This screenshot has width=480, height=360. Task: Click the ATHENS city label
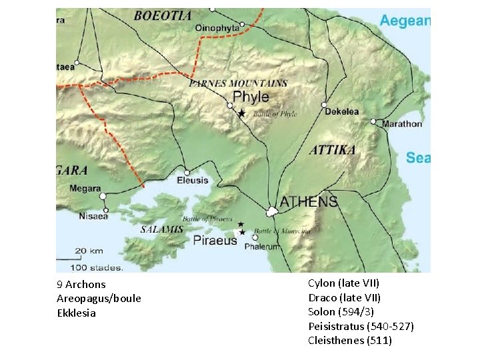coord(308,201)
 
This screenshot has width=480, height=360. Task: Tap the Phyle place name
coord(251,97)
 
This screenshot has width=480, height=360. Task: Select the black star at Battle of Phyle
coord(241,114)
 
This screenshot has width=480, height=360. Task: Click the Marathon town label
coord(401,123)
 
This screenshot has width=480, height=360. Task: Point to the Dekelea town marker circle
coord(324,105)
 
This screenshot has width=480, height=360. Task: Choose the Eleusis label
coord(193,181)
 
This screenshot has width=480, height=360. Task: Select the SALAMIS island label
coord(161,229)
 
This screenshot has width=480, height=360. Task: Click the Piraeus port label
coord(215,240)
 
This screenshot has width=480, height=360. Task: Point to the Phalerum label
coord(263,247)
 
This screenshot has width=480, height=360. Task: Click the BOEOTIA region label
coord(163,15)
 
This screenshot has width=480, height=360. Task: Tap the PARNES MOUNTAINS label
coord(238,84)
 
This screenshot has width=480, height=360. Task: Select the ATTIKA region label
coord(332,150)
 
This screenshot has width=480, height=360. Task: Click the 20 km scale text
coord(89,251)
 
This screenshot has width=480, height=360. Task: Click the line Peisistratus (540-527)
coord(361,326)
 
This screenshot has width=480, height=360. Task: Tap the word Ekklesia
coord(76,313)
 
